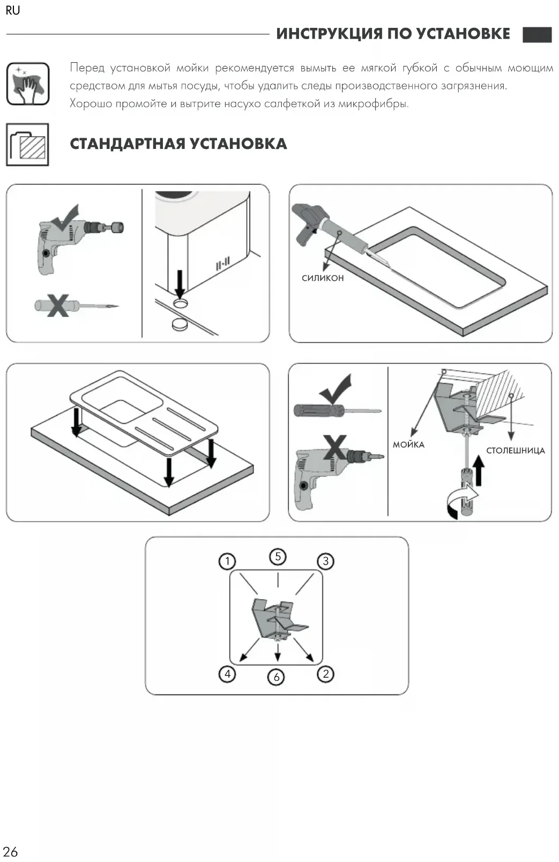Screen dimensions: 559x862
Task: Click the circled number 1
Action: point(227,561)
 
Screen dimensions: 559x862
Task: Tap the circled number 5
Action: point(278,557)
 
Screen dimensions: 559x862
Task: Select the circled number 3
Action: point(325,561)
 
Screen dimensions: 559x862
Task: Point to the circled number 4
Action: point(227,673)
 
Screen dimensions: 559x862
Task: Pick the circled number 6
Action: point(277,677)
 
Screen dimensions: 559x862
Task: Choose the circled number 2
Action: point(325,673)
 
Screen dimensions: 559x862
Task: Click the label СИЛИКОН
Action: point(323,278)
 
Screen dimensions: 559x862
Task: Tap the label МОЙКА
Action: point(408,444)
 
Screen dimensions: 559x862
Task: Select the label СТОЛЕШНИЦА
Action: point(515,451)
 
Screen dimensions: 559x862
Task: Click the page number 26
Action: point(10,851)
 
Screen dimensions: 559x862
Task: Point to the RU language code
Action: point(12,11)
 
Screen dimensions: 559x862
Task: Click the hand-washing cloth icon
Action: point(28,84)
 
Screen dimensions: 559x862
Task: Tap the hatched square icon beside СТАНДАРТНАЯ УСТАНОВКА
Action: point(28,145)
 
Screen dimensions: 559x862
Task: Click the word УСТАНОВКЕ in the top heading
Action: point(463,34)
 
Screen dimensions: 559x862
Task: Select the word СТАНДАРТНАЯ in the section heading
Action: point(127,144)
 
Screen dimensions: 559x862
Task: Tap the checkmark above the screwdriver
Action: point(336,389)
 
